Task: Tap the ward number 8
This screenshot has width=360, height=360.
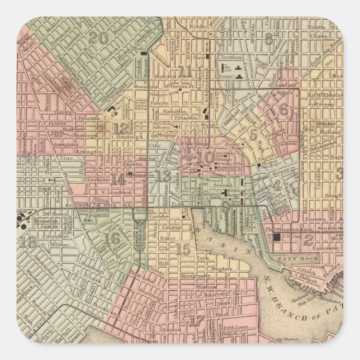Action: pos(269,39)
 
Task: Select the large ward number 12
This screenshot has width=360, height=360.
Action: pos(120,128)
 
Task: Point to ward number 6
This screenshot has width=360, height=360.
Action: pos(283,110)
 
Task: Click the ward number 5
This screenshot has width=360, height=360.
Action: pos(254,134)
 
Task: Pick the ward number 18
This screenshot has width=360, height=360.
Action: pos(29,242)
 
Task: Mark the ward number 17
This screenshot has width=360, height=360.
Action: pos(197,321)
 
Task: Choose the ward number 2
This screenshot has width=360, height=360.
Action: pos(308,241)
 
